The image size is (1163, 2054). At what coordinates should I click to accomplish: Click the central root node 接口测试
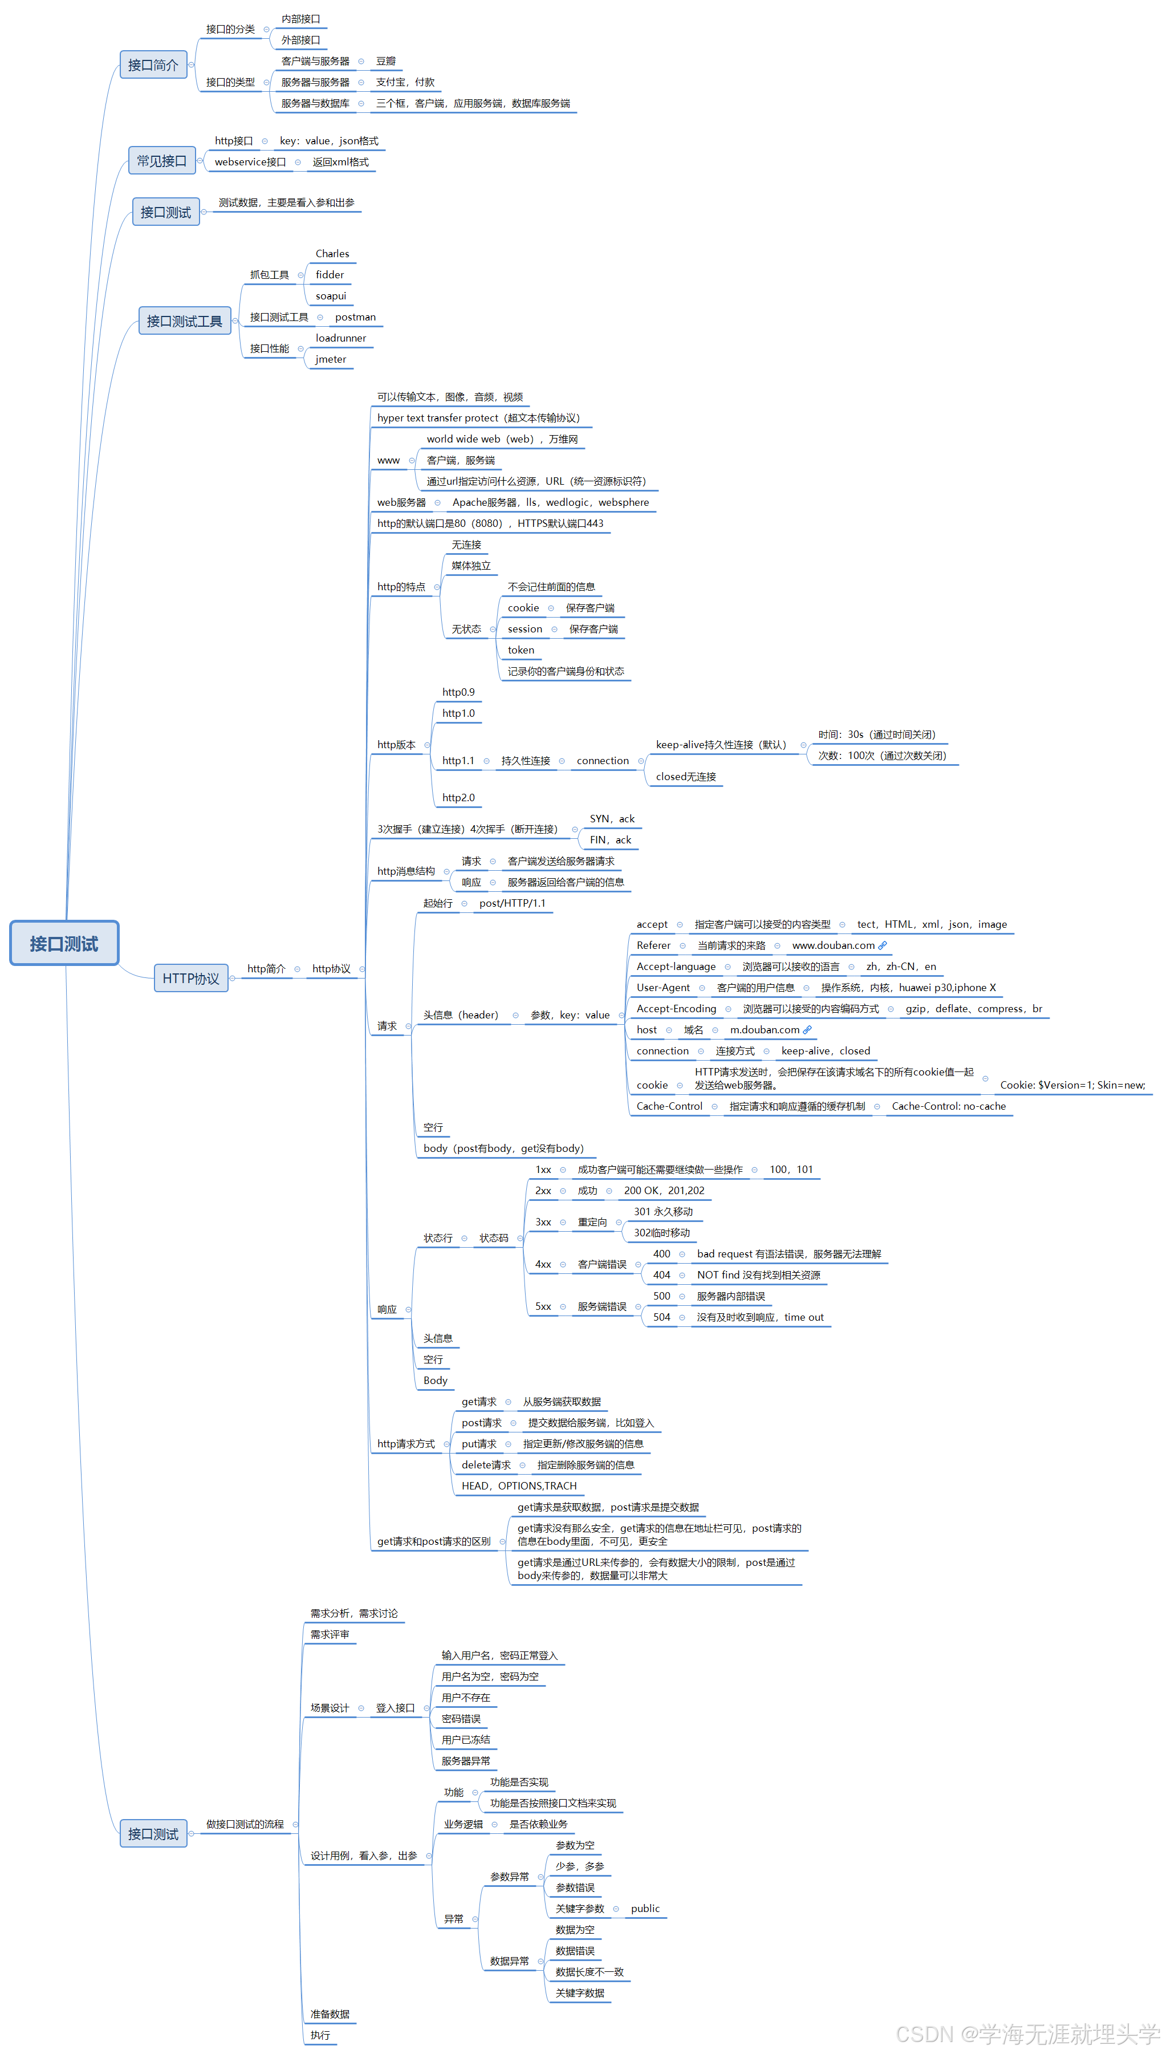pos(64,944)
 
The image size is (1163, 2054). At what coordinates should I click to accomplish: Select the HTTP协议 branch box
pos(191,978)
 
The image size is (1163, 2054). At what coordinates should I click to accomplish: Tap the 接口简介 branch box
pos(153,64)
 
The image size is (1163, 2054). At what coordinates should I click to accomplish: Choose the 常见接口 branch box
pos(161,161)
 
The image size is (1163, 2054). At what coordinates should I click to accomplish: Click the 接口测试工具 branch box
pos(185,321)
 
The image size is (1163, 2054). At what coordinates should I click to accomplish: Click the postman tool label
pos(355,317)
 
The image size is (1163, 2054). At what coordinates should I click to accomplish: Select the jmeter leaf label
pos(331,359)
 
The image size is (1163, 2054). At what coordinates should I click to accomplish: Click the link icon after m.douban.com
pos(808,1030)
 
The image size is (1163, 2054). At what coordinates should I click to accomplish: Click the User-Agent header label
pos(663,988)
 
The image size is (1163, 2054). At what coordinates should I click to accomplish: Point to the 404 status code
pos(661,1275)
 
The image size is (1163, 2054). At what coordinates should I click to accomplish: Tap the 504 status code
pos(661,1317)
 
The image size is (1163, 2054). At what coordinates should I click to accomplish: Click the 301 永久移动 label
pos(663,1212)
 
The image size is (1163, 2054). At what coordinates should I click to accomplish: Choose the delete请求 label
pos(486,1465)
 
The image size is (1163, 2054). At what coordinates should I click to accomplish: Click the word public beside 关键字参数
pos(645,1909)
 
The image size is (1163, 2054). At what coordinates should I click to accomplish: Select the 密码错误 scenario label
pos(461,1719)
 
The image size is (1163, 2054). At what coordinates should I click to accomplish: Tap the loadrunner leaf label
pos(340,339)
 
